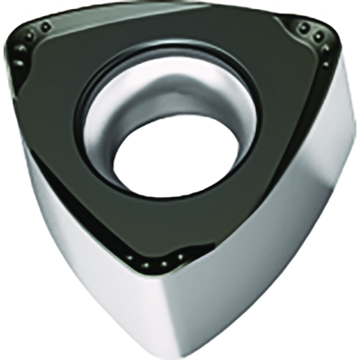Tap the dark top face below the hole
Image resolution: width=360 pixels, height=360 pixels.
[x=171, y=234]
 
